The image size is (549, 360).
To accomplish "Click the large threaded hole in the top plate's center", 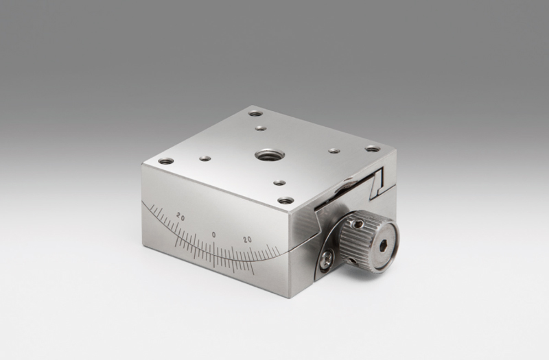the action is click(x=269, y=155).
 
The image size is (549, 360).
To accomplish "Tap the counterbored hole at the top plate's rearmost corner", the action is click(x=255, y=114).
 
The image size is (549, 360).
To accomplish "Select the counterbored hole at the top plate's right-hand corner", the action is click(x=373, y=149).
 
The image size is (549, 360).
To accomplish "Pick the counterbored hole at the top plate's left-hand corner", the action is click(x=166, y=161).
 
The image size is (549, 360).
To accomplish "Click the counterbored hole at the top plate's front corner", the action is click(x=285, y=201).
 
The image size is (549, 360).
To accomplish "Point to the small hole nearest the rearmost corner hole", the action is click(x=261, y=128).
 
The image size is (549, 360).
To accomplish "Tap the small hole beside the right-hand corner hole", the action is click(x=334, y=151).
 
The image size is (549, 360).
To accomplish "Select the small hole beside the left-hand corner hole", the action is click(x=205, y=158).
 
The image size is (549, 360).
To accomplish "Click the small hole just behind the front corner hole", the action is click(x=279, y=182).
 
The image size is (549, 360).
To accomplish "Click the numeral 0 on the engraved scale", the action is click(x=213, y=235).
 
